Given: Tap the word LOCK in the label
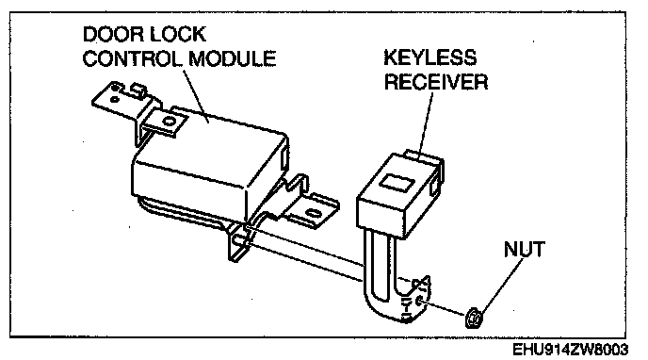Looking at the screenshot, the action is click(x=178, y=34).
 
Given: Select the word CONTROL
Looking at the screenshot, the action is click(x=132, y=58).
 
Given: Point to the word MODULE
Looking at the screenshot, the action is click(x=233, y=58).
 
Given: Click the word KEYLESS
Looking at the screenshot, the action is click(x=430, y=57).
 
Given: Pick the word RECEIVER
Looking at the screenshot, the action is click(x=436, y=81).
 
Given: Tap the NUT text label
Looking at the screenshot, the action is click(x=524, y=249).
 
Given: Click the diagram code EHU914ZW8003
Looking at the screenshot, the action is click(x=571, y=350).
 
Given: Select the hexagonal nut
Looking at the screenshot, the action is click(x=474, y=318).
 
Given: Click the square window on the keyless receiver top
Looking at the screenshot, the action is click(x=397, y=182).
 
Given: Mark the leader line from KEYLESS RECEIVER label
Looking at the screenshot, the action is click(x=427, y=125).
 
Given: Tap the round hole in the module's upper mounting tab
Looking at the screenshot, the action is click(x=169, y=122).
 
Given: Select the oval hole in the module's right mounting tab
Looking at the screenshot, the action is click(x=313, y=214).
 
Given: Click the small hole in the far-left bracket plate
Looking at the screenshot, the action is click(x=114, y=99).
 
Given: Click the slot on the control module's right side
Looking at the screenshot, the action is click(x=284, y=158).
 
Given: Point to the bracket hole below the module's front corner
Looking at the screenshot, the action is click(x=238, y=240).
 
